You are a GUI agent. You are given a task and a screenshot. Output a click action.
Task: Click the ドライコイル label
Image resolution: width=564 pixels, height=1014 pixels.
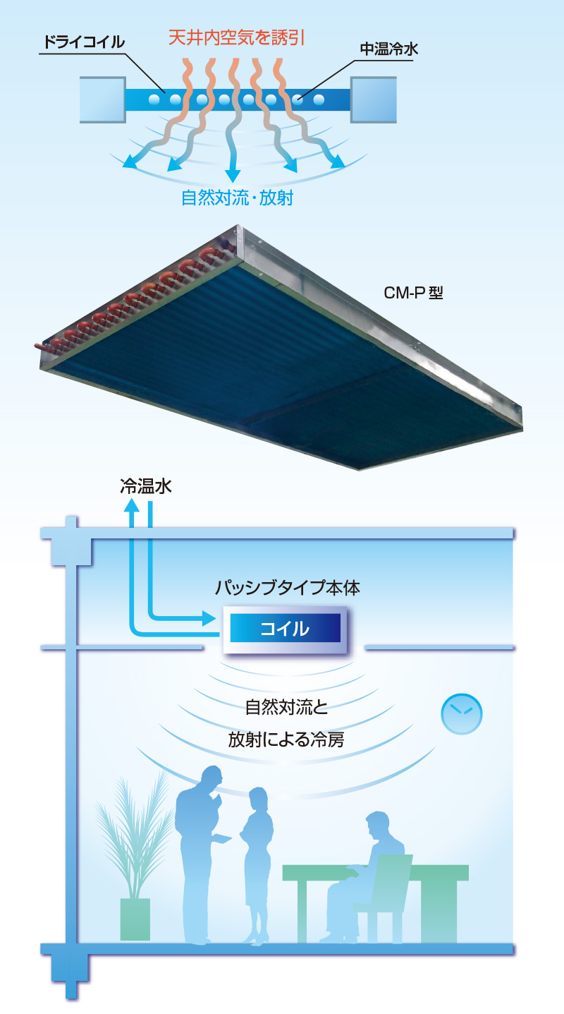84,42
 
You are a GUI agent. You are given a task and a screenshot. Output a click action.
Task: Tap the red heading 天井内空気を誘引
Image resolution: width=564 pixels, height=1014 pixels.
237,37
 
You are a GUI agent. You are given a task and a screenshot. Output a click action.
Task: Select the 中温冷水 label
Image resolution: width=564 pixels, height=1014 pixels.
389,49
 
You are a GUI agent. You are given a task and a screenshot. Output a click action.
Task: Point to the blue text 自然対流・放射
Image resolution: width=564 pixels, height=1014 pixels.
238,198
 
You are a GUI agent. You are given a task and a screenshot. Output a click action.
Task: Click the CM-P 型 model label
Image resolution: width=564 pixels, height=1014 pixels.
413,293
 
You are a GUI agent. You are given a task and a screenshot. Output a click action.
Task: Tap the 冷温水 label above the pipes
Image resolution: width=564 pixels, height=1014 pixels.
146,486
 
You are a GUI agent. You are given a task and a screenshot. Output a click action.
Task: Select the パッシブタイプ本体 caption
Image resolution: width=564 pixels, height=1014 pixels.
288,588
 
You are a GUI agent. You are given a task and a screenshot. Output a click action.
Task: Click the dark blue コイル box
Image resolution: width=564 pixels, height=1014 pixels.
286,628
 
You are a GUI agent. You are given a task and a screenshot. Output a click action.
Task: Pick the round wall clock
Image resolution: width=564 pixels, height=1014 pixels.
461,714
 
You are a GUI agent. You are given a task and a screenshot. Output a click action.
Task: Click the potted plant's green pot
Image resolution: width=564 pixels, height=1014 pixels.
135,919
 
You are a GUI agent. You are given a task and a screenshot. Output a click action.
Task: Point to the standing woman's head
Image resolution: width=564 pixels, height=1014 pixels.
258,799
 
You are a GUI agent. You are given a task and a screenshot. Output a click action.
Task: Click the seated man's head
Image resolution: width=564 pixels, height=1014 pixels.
378,825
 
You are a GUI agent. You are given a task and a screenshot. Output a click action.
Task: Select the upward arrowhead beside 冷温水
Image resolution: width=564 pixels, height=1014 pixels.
132,505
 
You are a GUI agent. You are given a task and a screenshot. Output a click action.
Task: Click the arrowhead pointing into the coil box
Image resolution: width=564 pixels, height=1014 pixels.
209,618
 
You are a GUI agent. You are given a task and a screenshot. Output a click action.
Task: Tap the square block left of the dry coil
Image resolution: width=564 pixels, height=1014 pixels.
103,99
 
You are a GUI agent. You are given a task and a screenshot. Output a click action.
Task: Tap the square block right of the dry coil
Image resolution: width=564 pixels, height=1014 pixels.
374,99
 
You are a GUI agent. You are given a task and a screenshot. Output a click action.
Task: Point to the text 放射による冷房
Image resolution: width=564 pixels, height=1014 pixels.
286,740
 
